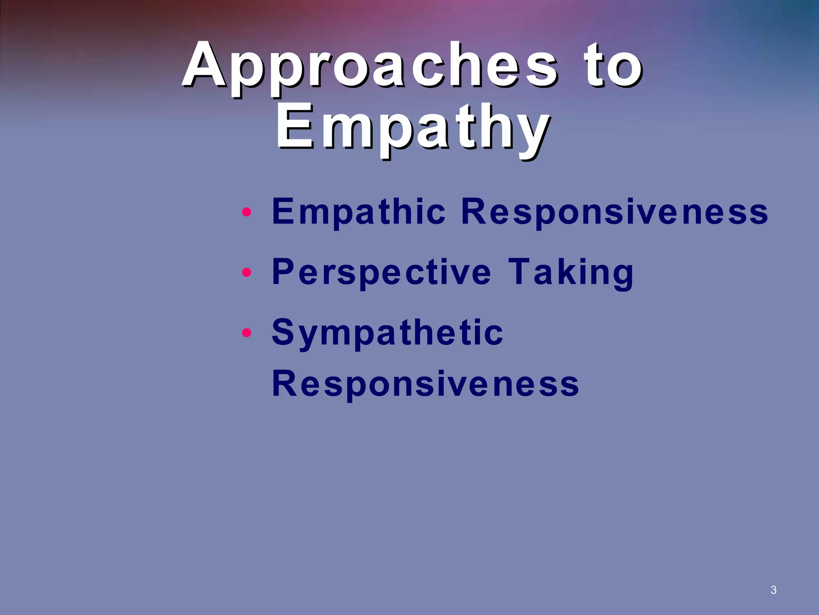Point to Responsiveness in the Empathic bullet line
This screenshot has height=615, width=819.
pyautogui.click(x=614, y=211)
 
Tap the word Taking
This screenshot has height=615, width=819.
pyautogui.click(x=571, y=272)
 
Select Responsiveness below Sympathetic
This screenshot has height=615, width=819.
pyautogui.click(x=425, y=384)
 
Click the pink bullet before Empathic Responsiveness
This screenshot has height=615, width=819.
pyautogui.click(x=247, y=212)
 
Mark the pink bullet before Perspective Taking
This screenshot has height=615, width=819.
pyautogui.click(x=247, y=273)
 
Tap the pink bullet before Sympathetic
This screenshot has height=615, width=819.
pyautogui.click(x=247, y=333)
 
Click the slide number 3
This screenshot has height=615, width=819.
pyautogui.click(x=773, y=590)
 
